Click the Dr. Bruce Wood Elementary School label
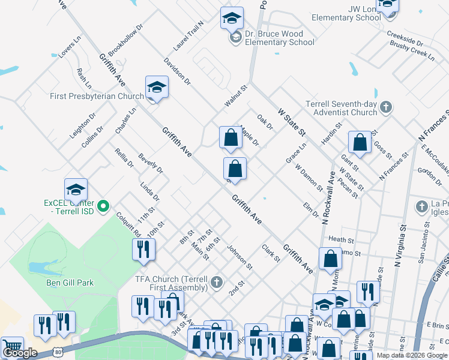pyautogui.click(x=276, y=38)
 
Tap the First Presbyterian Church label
pyautogui.click(x=97, y=96)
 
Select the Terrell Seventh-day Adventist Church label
pyautogui.click(x=341, y=108)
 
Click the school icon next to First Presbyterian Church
pyautogui.click(x=157, y=88)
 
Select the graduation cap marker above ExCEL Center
pyautogui.click(x=76, y=190)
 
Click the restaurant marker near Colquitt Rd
pyautogui.click(x=143, y=250)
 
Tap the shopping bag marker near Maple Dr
pyautogui.click(x=231, y=138)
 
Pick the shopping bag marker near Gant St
pyautogui.click(x=360, y=143)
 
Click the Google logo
pyautogui.click(x=20, y=353)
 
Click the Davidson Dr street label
pyautogui.click(x=177, y=71)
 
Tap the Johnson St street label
pyautogui.click(x=240, y=256)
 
